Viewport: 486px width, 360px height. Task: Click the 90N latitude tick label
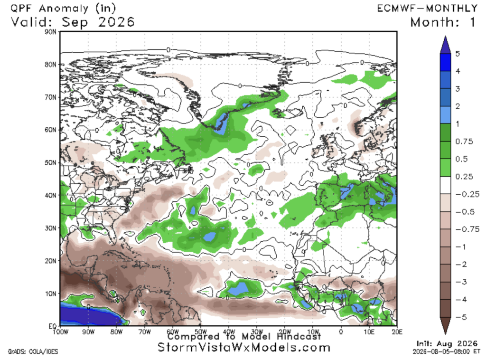click(50, 32)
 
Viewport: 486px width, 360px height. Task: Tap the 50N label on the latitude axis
click(50, 163)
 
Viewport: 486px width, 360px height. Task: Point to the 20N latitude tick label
click(50, 261)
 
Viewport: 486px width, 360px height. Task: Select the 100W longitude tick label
click(60, 332)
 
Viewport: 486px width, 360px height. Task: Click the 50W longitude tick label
click(201, 332)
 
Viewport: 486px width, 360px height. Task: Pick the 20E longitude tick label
click(397, 332)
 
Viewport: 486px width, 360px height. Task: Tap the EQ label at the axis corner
click(52, 326)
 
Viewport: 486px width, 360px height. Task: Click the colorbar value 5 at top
click(458, 54)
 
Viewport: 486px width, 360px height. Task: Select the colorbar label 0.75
click(464, 142)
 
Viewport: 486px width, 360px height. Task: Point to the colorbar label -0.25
click(467, 194)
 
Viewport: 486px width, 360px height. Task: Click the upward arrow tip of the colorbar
click(445, 36)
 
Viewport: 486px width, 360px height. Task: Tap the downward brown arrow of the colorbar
click(445, 326)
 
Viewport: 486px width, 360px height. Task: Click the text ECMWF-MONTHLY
click(428, 9)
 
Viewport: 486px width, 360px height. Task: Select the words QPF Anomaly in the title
click(49, 9)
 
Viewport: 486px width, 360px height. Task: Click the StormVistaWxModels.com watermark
click(244, 348)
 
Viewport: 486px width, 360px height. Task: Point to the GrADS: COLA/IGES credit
click(33, 351)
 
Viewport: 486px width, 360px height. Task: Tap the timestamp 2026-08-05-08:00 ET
click(447, 351)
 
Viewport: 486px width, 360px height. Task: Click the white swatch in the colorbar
click(445, 185)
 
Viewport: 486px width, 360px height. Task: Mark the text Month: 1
click(443, 22)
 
